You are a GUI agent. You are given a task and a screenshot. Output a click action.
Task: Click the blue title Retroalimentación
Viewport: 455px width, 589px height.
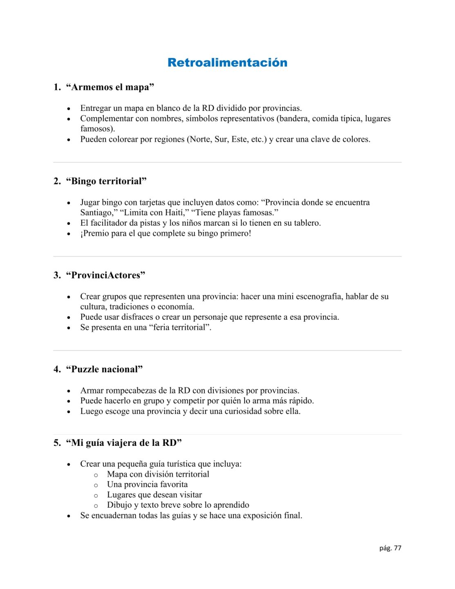point(227,63)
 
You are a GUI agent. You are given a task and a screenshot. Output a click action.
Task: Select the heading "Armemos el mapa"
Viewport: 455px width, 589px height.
point(110,87)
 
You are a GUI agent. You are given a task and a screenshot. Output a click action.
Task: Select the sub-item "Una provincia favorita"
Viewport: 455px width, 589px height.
point(147,485)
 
